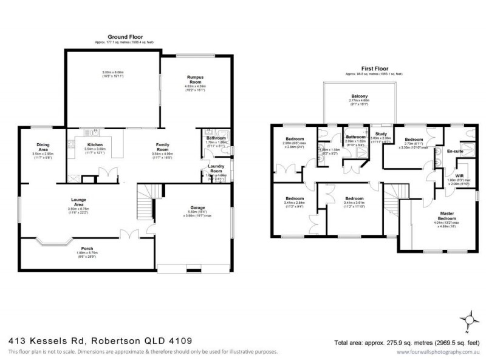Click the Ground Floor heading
pyautogui.click(x=121, y=36)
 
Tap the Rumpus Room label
pyautogui.click(x=196, y=79)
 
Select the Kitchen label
pyautogui.click(x=95, y=144)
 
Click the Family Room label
pyautogui.click(x=162, y=147)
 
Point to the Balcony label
pyautogui.click(x=359, y=95)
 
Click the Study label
pyautogui.click(x=381, y=133)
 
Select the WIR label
pyautogui.click(x=459, y=174)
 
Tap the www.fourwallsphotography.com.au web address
pyautogui.click(x=442, y=352)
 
